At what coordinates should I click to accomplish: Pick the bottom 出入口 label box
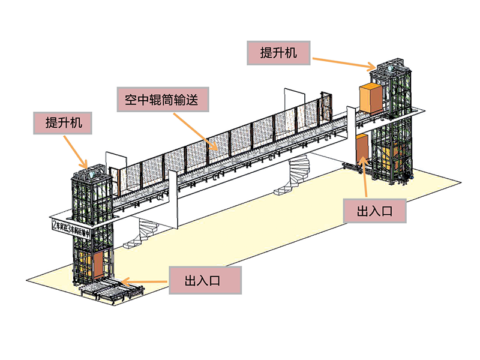click(x=205, y=280)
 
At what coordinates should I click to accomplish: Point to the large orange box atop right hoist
click(x=370, y=98)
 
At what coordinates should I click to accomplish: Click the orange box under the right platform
click(x=362, y=148)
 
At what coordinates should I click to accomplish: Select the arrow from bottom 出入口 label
click(x=144, y=280)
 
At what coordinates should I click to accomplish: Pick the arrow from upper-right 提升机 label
click(x=344, y=61)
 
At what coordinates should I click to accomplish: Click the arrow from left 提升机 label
click(x=78, y=150)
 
